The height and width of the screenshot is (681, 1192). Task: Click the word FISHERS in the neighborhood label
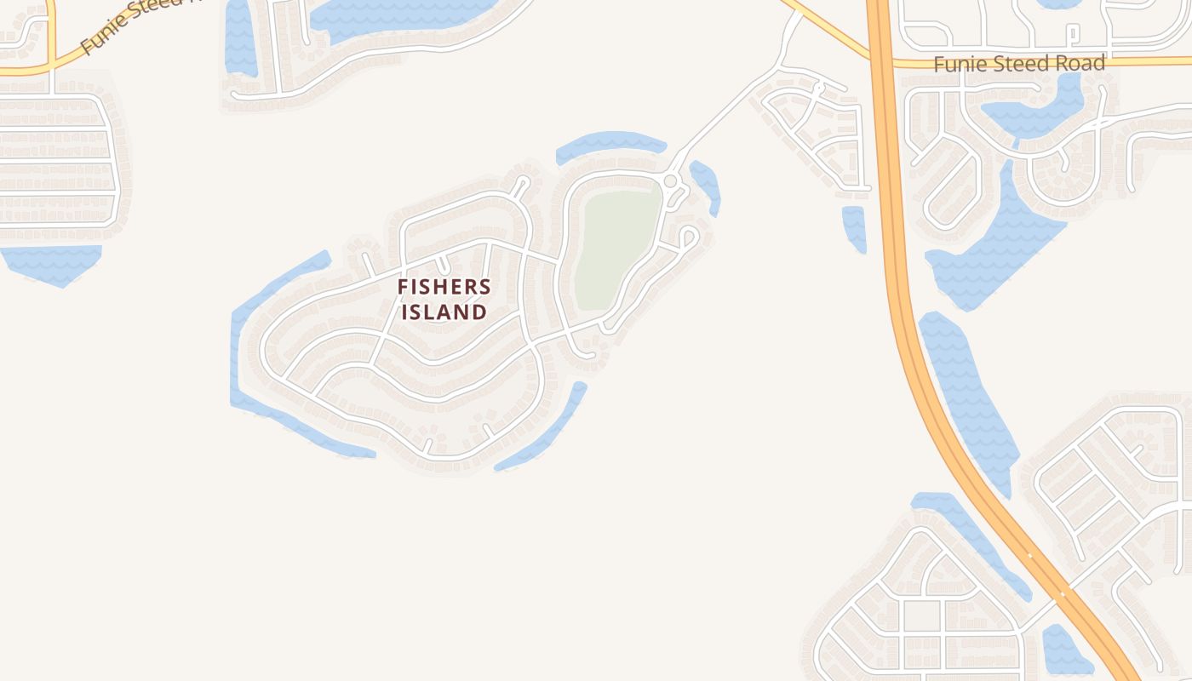(444, 288)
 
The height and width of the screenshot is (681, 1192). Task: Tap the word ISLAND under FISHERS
(444, 312)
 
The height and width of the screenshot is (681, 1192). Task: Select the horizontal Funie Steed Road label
(1019, 64)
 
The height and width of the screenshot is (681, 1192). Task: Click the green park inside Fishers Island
(617, 247)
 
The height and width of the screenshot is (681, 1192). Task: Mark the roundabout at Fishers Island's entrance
(670, 181)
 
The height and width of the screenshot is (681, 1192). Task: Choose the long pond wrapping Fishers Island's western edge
(255, 358)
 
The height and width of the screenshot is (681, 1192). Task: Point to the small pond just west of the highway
(854, 228)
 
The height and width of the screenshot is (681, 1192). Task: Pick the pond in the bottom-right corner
(1064, 651)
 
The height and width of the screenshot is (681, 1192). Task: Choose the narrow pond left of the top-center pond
(240, 38)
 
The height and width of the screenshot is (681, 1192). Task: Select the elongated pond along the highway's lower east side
(971, 400)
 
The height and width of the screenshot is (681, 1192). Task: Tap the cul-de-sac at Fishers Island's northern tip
(522, 183)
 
